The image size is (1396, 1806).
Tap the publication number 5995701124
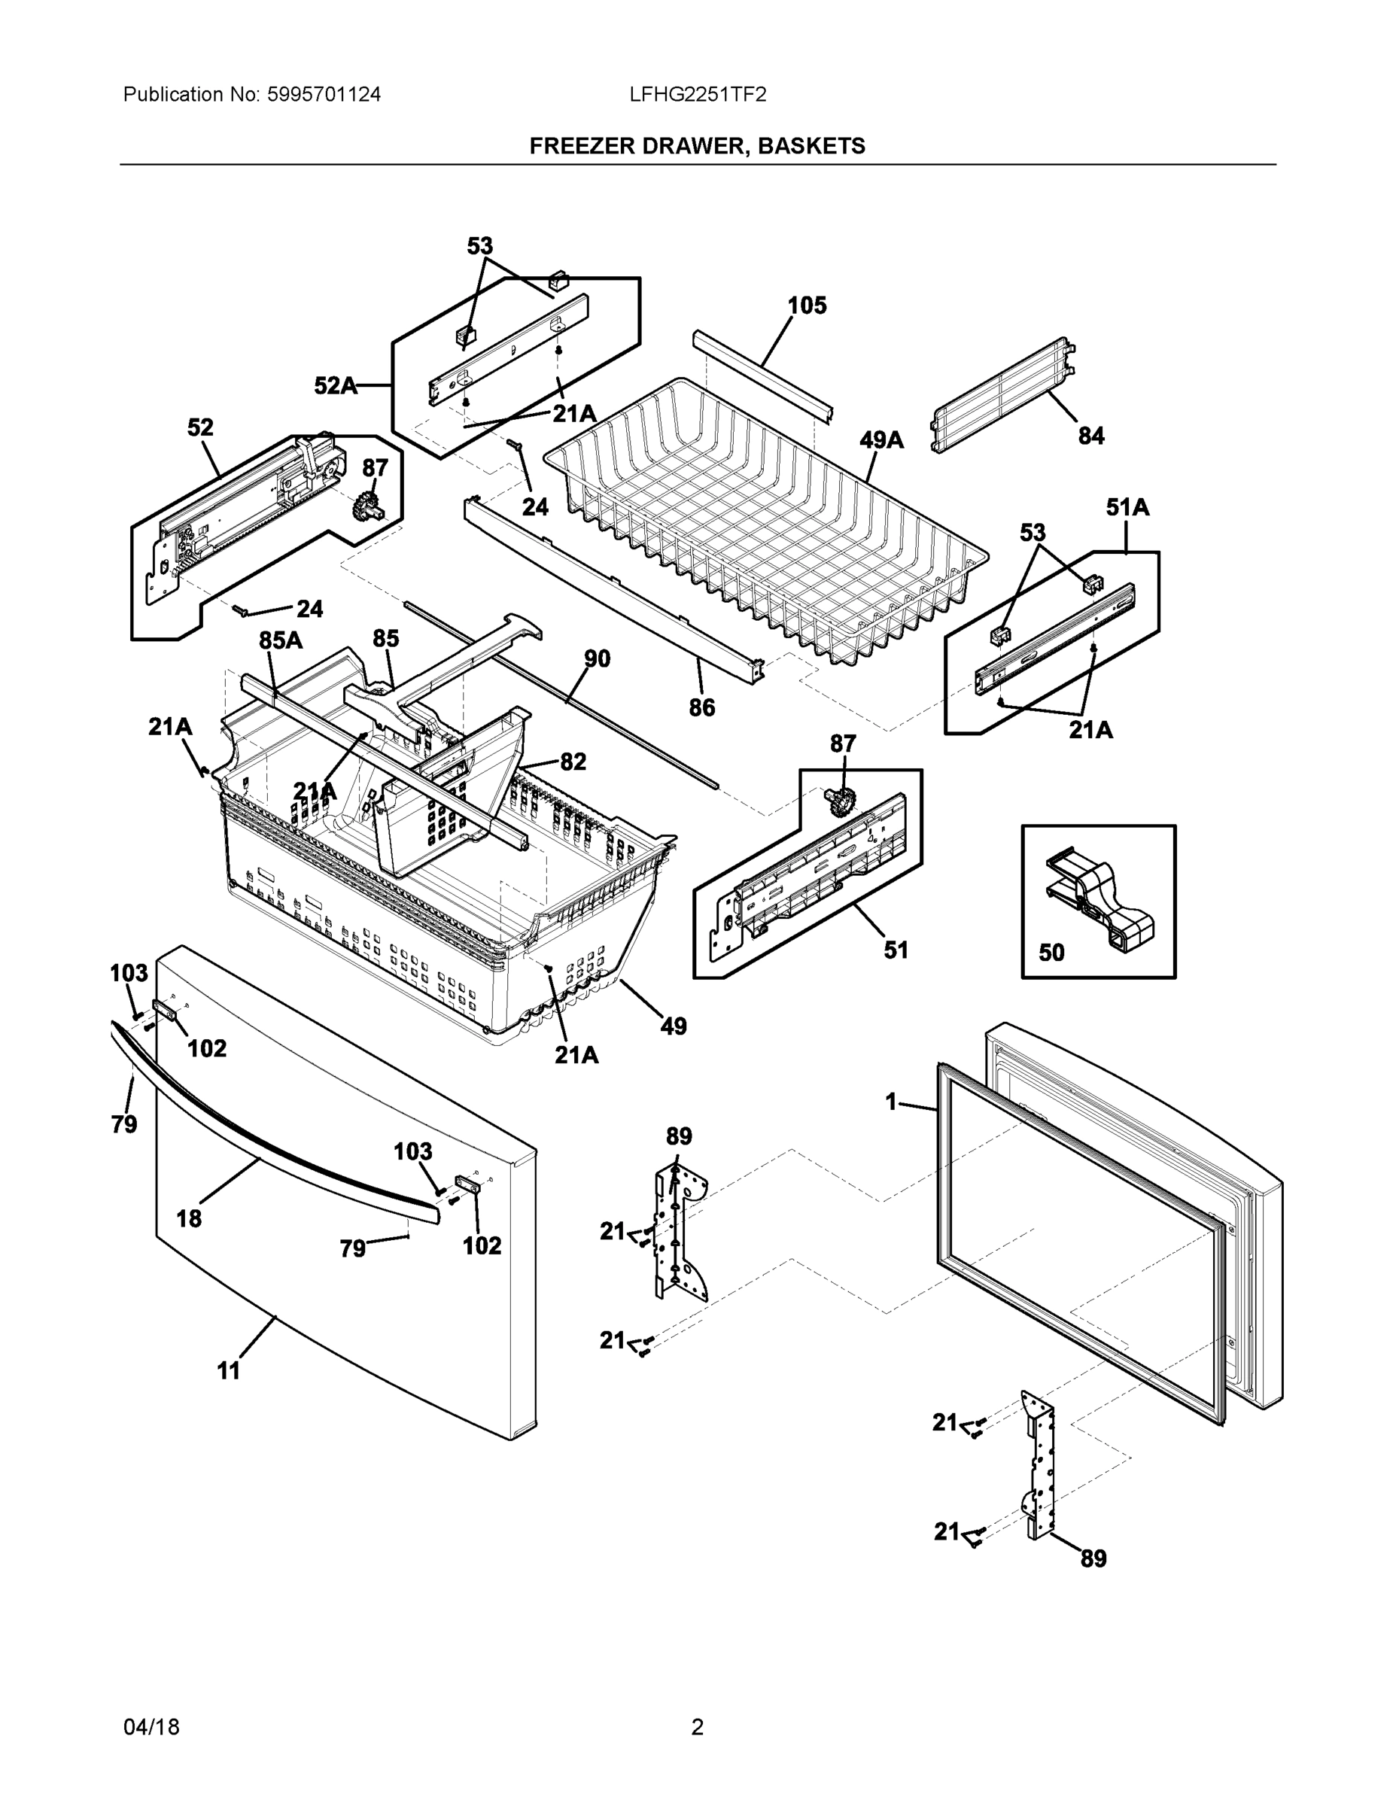[x=324, y=95]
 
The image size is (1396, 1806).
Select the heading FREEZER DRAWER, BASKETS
[x=697, y=147]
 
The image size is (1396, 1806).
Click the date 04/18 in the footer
[x=151, y=1727]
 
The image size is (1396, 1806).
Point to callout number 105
[x=806, y=306]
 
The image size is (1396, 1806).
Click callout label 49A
[x=880, y=440]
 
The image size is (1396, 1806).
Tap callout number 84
[x=1090, y=436]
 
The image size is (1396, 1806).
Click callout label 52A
[x=335, y=385]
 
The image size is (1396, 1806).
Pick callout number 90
[x=597, y=659]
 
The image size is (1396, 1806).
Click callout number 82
[x=573, y=762]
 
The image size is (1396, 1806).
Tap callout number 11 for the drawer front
[x=228, y=1371]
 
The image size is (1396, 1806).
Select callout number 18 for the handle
[x=189, y=1218]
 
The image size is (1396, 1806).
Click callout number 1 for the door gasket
[x=891, y=1102]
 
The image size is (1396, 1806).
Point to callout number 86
[x=701, y=708]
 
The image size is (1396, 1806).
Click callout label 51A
[x=1127, y=508]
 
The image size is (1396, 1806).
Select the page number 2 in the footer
[x=697, y=1727]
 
